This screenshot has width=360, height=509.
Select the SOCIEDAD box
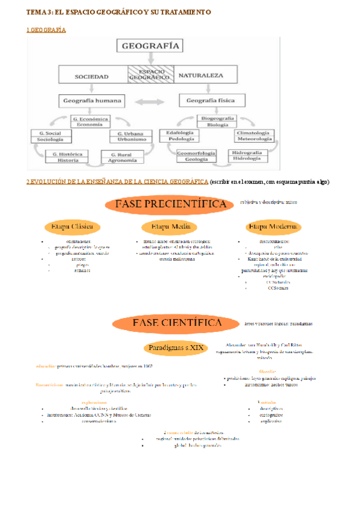coord(92,76)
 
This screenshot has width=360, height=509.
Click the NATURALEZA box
coord(200,76)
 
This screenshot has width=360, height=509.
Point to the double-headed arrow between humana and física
coord(151,101)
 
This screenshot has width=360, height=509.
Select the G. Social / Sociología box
coord(50,136)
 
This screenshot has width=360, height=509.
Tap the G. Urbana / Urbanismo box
coord(128,136)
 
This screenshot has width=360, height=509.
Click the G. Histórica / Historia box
coord(68,157)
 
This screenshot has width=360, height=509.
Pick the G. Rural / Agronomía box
coord(123,157)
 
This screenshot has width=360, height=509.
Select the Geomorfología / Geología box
coord(196,157)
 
